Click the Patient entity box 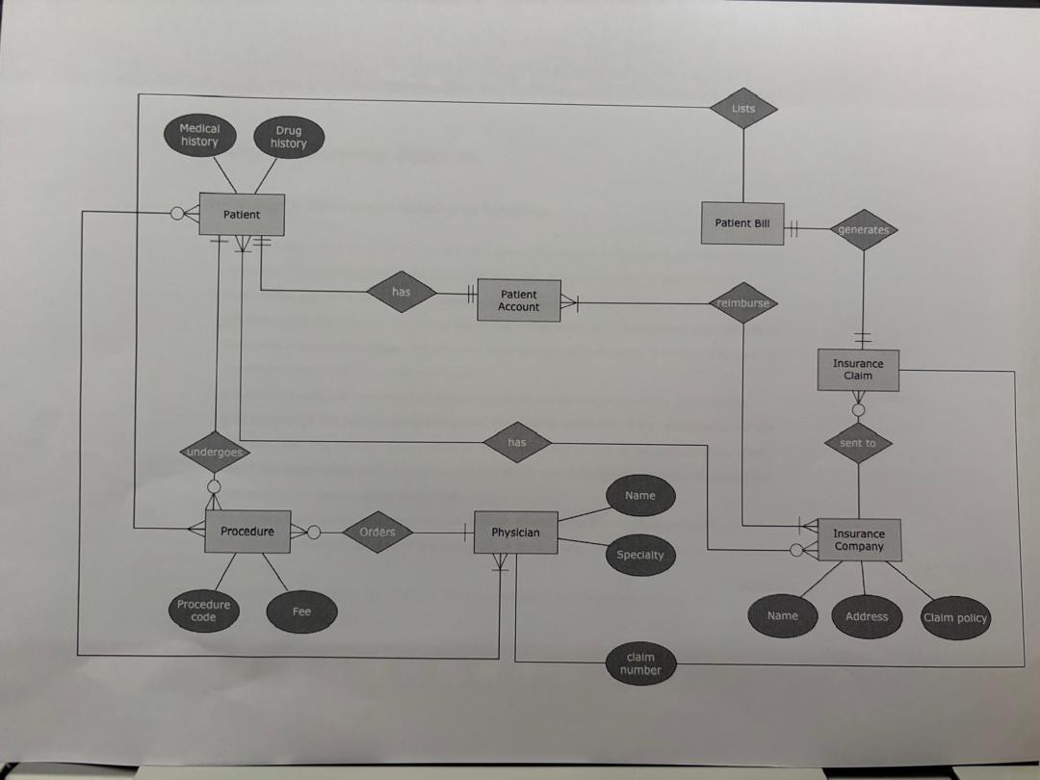click(241, 215)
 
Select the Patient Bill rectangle click(742, 223)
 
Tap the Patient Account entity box click(519, 300)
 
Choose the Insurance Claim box click(858, 370)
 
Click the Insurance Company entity click(859, 540)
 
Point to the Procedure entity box click(247, 532)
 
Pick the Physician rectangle click(515, 533)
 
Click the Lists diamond click(743, 109)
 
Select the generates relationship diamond click(864, 230)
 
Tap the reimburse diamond click(743, 303)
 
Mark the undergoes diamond click(214, 452)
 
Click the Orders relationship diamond click(377, 532)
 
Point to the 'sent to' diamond click(858, 443)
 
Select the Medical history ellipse click(199, 135)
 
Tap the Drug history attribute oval click(288, 137)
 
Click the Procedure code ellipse click(203, 611)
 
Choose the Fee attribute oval click(301, 611)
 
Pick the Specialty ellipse click(640, 555)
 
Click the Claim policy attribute click(955, 618)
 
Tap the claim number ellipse click(640, 663)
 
